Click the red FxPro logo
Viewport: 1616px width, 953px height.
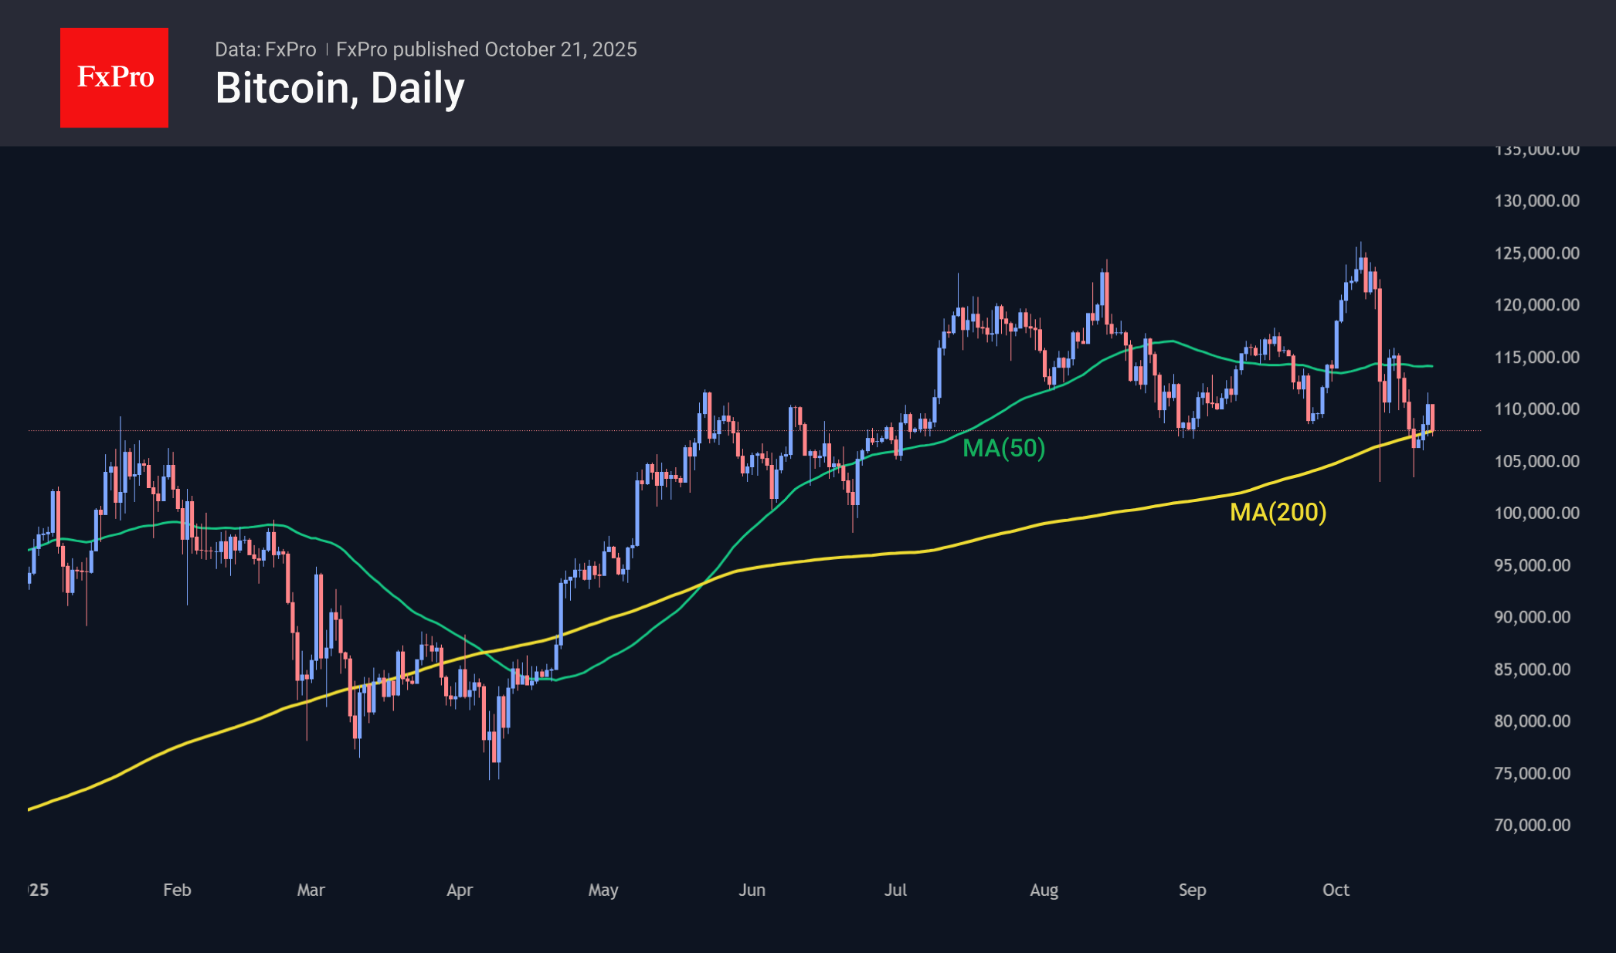[x=114, y=77]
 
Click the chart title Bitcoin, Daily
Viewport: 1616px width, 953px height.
[x=340, y=88]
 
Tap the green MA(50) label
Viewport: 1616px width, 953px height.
[x=1003, y=448]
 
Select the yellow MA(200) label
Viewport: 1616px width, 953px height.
[x=1278, y=512]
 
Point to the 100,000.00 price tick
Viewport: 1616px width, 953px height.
[x=1536, y=513]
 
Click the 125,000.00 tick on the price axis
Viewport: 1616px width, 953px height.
[x=1536, y=253]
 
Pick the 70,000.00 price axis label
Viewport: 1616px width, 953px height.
[x=1532, y=825]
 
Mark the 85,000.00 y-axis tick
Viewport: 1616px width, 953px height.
[x=1532, y=669]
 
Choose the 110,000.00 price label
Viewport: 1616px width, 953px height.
[x=1536, y=409]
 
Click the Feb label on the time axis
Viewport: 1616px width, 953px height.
[x=177, y=890]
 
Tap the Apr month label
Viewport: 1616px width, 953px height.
[x=460, y=890]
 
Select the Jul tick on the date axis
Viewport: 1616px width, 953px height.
[x=895, y=890]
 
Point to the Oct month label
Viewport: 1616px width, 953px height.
[x=1336, y=890]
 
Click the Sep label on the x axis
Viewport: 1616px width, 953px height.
[x=1192, y=890]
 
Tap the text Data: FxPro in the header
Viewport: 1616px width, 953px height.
[x=265, y=49]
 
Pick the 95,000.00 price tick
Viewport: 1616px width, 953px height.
[x=1532, y=565]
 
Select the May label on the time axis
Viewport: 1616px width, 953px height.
[x=603, y=890]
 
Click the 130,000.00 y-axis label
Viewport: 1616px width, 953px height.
[x=1536, y=201]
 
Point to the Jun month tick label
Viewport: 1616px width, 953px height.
[x=752, y=890]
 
